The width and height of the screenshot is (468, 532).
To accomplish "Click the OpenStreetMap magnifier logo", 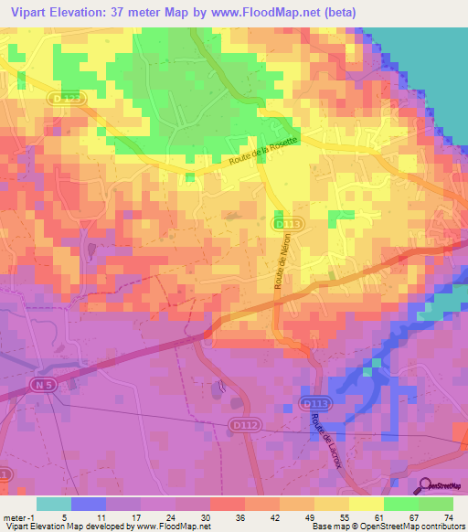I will click(x=423, y=486).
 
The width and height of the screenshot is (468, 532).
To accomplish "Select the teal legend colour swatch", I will click(x=54, y=504).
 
